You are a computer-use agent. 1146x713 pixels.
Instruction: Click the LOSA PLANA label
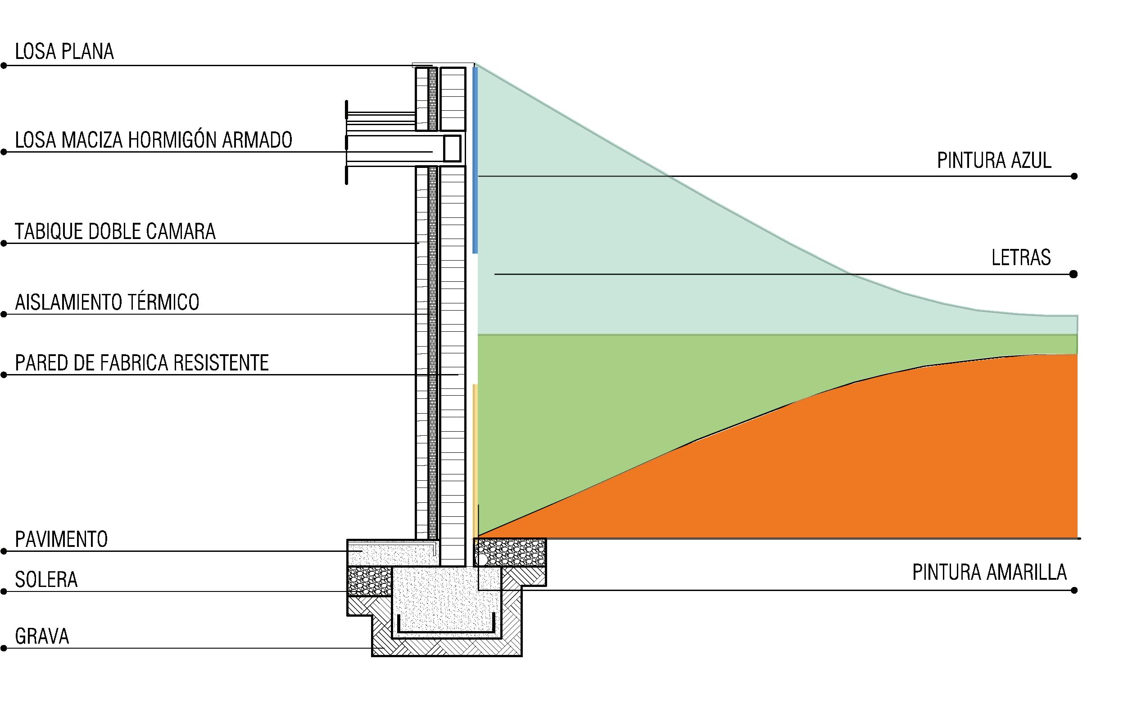[64, 51]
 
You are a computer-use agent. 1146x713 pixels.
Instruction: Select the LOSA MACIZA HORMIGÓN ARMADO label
[153, 140]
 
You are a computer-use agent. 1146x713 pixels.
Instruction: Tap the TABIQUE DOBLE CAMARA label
[115, 231]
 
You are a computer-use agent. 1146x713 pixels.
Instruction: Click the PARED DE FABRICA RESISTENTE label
[141, 363]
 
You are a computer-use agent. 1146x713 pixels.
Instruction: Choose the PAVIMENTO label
[61, 539]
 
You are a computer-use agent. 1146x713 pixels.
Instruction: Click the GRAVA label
[42, 636]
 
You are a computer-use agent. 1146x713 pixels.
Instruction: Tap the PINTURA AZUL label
[994, 161]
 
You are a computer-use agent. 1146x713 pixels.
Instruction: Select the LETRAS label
[1021, 258]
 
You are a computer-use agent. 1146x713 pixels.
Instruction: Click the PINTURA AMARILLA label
[989, 573]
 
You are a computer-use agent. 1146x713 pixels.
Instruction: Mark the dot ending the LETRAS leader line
[1074, 274]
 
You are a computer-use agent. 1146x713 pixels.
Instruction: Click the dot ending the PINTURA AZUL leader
[1074, 176]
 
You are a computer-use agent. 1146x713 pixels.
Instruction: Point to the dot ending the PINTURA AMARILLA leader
[1074, 590]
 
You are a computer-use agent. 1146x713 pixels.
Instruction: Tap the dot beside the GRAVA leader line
[4, 648]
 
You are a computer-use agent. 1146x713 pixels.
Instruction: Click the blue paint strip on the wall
[476, 160]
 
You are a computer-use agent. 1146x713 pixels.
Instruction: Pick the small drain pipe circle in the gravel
[481, 559]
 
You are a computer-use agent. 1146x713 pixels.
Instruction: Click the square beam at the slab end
[452, 148]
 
